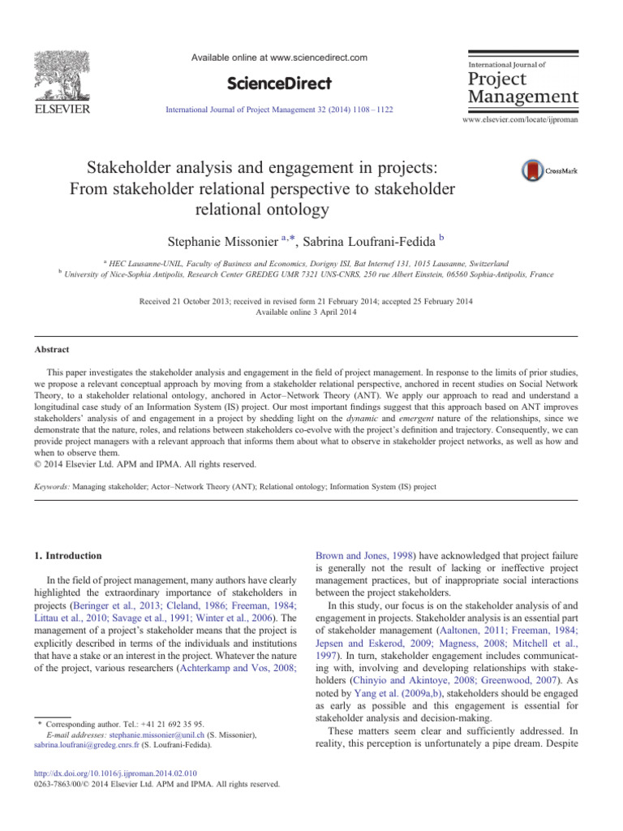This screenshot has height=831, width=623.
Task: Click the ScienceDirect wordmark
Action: [278, 84]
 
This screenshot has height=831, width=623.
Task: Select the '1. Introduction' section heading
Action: [69, 556]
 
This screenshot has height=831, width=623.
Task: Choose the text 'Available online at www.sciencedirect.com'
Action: [279, 58]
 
